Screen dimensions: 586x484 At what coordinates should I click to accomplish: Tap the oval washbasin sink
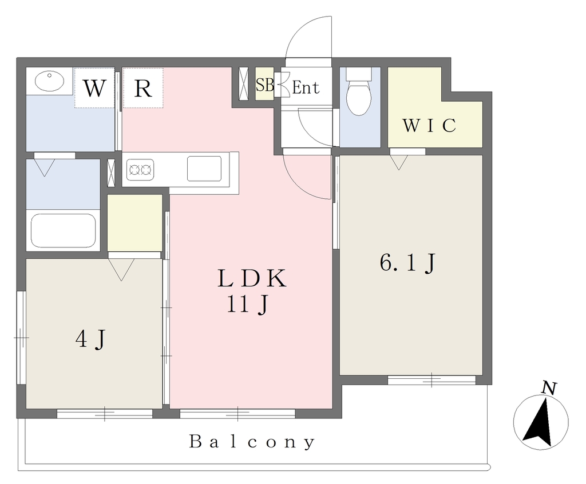(x=49, y=81)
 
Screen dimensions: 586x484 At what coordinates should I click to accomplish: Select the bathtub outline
(x=63, y=231)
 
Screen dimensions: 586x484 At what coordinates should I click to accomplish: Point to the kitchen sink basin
(x=204, y=169)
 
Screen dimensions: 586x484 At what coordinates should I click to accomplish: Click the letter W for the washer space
(x=94, y=89)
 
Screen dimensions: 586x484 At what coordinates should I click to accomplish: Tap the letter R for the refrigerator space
(x=142, y=89)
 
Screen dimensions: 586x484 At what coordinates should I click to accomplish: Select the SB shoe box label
(x=264, y=85)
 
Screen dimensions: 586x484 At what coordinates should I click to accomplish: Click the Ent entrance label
(x=306, y=87)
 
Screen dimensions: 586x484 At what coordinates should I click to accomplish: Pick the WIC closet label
(x=429, y=125)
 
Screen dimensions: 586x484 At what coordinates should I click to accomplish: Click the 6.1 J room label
(x=407, y=263)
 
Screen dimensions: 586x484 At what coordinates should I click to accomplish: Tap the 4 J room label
(x=91, y=339)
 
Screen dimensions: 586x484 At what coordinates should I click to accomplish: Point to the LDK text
(x=252, y=278)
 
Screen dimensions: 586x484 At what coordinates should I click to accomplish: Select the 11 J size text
(x=247, y=305)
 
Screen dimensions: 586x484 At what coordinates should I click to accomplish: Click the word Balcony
(x=252, y=442)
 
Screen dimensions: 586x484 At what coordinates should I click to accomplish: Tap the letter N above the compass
(x=549, y=389)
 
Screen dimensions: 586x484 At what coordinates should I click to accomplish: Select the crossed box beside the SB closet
(x=244, y=84)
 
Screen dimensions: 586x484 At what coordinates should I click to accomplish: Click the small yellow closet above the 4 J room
(x=135, y=223)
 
